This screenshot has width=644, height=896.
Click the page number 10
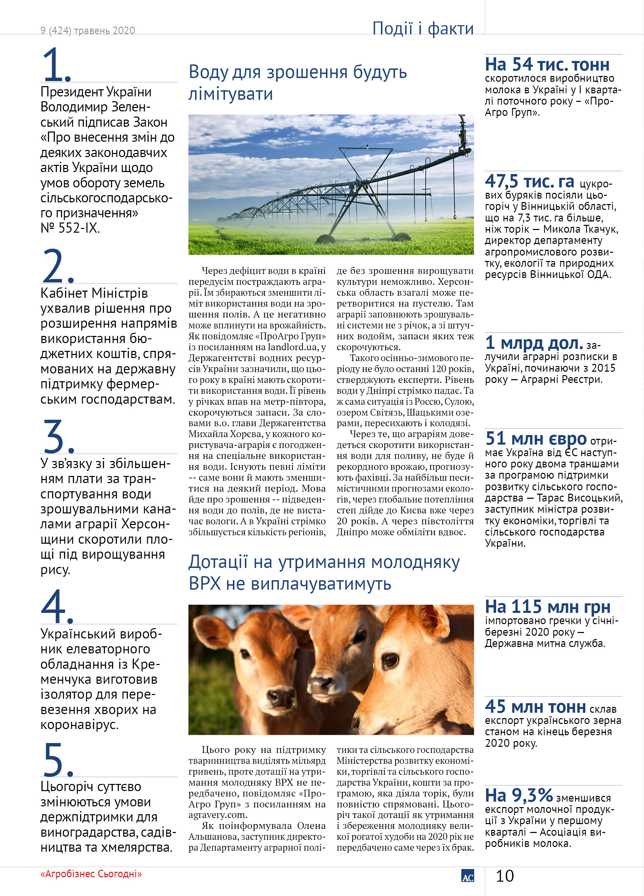pyautogui.click(x=505, y=876)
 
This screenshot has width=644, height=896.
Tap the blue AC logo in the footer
pyautogui.click(x=467, y=876)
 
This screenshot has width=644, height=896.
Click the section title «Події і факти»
pyautogui.click(x=423, y=28)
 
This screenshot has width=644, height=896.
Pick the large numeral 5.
pyautogui.click(x=58, y=759)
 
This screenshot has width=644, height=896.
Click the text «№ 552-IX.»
pyautogui.click(x=70, y=228)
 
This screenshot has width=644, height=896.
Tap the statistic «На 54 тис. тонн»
pyautogui.click(x=547, y=64)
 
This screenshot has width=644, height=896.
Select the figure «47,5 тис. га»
pyautogui.click(x=530, y=181)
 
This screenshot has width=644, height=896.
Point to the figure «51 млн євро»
pyautogui.click(x=536, y=438)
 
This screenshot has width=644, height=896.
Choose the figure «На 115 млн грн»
pyautogui.click(x=548, y=606)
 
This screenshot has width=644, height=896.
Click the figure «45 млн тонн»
pyautogui.click(x=535, y=706)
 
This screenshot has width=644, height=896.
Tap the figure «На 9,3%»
pyautogui.click(x=518, y=795)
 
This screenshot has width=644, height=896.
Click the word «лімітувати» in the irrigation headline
pyautogui.click(x=230, y=94)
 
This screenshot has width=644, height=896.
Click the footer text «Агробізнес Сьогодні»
pyautogui.click(x=91, y=874)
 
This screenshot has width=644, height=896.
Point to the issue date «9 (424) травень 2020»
pyautogui.click(x=87, y=30)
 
